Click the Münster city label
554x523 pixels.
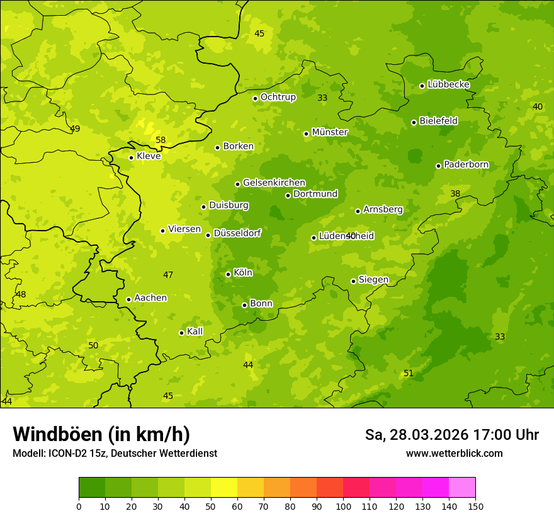(329, 132)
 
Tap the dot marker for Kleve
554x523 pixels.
(131, 158)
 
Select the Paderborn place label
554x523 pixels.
(466, 164)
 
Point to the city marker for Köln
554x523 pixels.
(228, 274)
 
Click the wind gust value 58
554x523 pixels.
(161, 140)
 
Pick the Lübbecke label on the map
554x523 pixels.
(448, 84)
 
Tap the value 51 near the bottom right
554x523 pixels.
(408, 373)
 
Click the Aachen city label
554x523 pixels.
(150, 298)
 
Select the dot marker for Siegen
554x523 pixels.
(353, 281)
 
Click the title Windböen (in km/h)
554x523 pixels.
(101, 434)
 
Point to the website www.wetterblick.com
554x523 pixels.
(454, 453)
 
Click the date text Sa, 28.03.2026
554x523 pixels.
(416, 435)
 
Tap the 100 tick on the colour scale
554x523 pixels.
(343, 506)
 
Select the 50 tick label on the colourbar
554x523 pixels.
(211, 506)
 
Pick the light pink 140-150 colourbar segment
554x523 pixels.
(462, 488)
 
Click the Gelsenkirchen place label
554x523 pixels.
(274, 183)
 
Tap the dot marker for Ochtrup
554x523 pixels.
(255, 98)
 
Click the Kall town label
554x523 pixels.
(195, 331)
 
